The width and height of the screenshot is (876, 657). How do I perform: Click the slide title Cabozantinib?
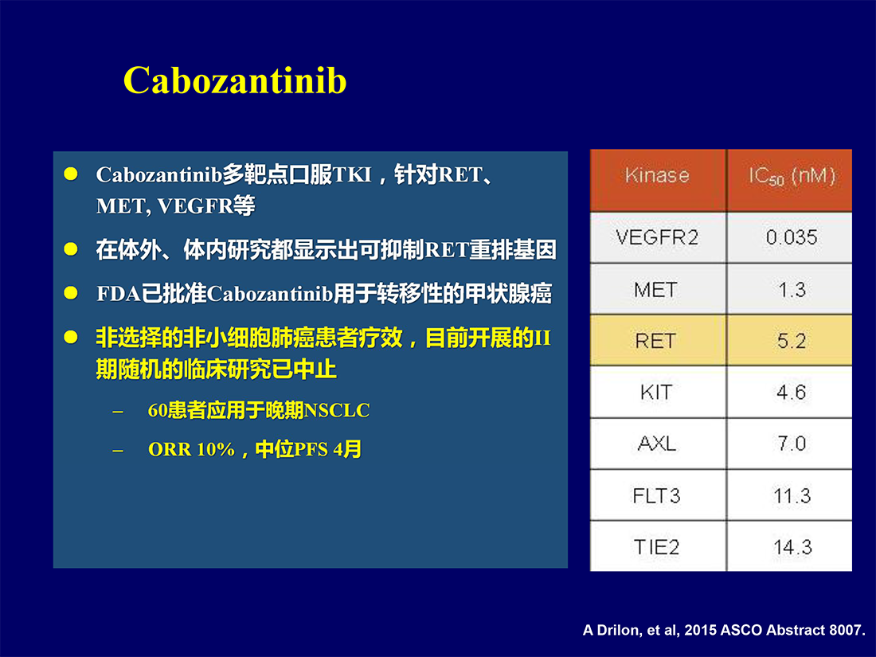[x=235, y=80]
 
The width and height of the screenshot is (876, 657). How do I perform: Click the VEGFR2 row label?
[x=658, y=238]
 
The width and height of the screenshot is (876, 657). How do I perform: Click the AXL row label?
[x=658, y=444]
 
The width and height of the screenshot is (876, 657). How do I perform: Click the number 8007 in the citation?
[x=845, y=630]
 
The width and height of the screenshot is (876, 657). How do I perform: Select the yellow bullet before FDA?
[x=71, y=293]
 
